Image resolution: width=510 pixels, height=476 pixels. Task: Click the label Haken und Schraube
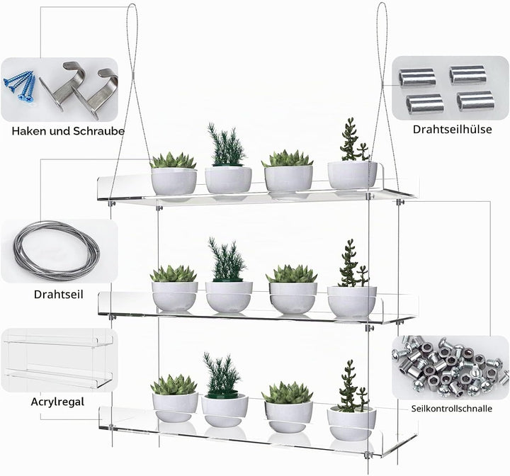point(68,131)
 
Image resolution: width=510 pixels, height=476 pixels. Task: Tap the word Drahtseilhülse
point(452,129)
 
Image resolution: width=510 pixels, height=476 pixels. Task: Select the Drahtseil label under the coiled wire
point(59,295)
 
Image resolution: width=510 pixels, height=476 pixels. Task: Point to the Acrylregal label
point(57,402)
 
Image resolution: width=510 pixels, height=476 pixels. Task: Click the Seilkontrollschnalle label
point(451,409)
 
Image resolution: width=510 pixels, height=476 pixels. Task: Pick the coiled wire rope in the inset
point(57,251)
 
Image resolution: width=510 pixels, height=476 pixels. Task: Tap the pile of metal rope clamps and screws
point(450,367)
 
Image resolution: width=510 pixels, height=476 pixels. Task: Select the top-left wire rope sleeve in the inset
point(417,77)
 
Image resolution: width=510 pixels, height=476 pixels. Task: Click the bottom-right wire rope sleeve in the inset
point(475,101)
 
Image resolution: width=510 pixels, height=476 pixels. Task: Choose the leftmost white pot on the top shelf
point(174,181)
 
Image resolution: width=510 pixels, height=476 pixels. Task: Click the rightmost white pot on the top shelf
point(352,175)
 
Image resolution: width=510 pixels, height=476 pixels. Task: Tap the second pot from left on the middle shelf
point(229,297)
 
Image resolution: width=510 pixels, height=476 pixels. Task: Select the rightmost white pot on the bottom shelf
point(351,424)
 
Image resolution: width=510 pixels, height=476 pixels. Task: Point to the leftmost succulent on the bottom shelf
point(174,385)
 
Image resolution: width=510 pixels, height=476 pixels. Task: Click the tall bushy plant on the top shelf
point(226,144)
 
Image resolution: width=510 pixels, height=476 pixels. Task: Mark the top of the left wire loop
point(132,4)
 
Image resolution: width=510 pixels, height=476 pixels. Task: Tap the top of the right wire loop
point(381,4)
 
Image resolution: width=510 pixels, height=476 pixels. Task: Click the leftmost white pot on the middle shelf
point(175,296)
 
